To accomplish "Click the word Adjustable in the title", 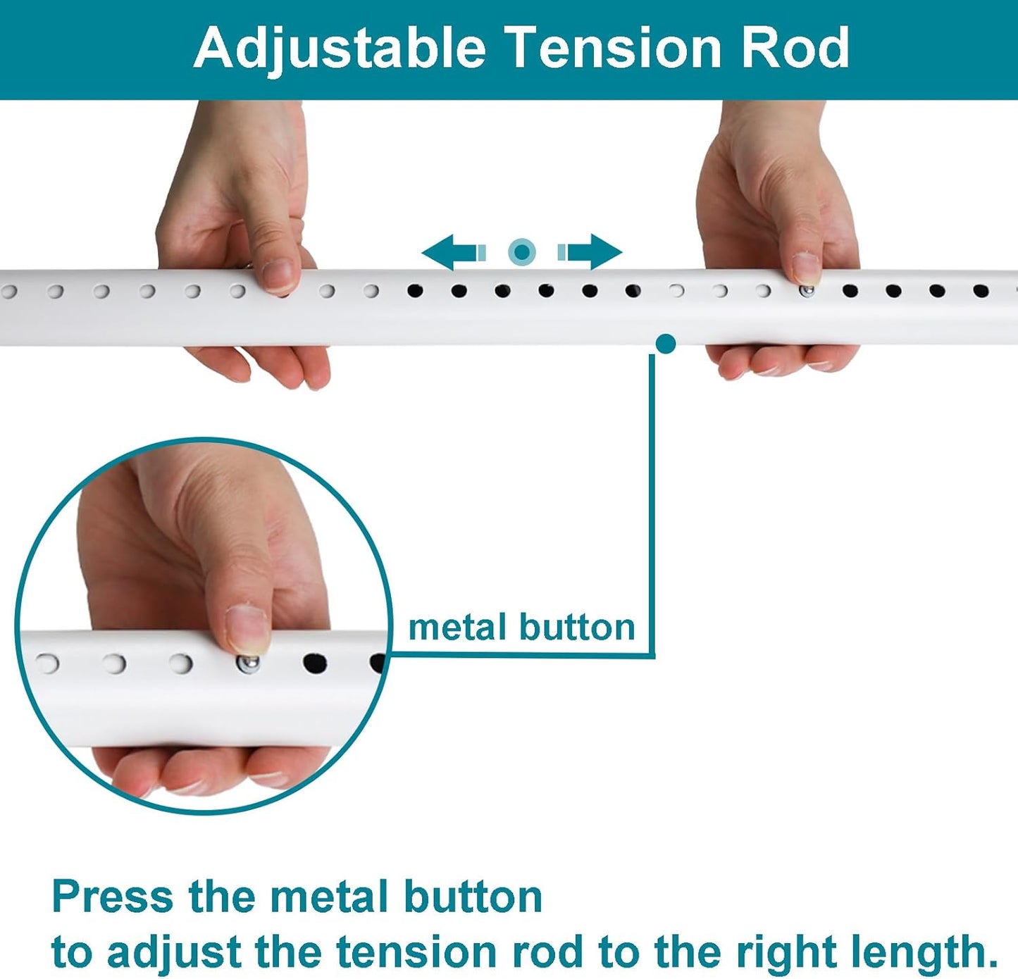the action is pos(340,49).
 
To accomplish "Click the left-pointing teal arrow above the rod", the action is pos(454,252).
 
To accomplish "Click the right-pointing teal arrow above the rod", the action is pos(590,252).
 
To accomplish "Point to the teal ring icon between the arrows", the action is pos(522,252).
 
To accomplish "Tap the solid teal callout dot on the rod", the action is pos(666,344).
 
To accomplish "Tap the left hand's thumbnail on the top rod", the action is pos(278,275).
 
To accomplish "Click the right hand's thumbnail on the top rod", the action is pos(807,269).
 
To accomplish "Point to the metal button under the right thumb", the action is pos(807,292).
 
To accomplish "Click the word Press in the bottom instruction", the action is pos(113,897).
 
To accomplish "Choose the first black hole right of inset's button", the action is pos(315,663).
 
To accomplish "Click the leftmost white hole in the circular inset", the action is pos(47,663).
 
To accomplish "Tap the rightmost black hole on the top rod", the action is pos(981,290).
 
